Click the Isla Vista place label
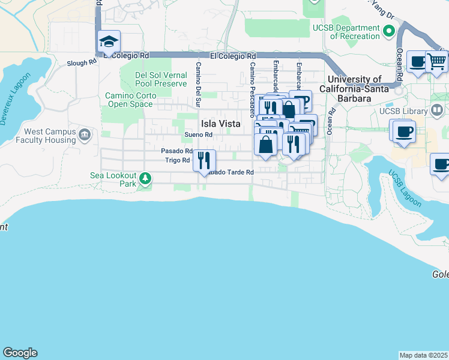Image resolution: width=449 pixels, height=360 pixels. pyautogui.click(x=220, y=124)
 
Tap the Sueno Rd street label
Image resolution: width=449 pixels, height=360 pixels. pyautogui.click(x=199, y=135)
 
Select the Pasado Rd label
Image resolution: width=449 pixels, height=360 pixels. pyautogui.click(x=176, y=151)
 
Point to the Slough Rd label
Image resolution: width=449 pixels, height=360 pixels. pyautogui.click(x=82, y=62)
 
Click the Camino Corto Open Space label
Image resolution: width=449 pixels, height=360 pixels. pyautogui.click(x=129, y=100)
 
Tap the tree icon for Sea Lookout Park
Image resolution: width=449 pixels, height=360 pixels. pyautogui.click(x=145, y=178)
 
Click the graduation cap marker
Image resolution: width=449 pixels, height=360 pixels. pyautogui.click(x=109, y=42)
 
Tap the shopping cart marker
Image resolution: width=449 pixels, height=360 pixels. pyautogui.click(x=438, y=61)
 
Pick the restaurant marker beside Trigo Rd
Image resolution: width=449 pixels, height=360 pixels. pyautogui.click(x=205, y=160)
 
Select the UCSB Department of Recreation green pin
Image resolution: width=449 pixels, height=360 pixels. pyautogui.click(x=389, y=29)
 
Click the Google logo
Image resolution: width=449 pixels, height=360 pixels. pyautogui.click(x=20, y=353)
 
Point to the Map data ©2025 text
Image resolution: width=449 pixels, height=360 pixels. pyautogui.click(x=424, y=355)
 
